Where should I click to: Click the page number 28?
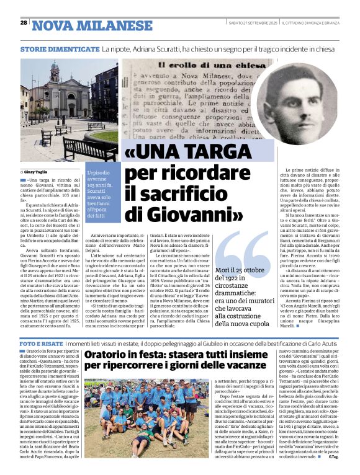click(24, 24)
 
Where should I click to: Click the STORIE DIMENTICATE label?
click(60, 48)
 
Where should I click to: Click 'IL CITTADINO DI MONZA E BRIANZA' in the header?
click(317, 24)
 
